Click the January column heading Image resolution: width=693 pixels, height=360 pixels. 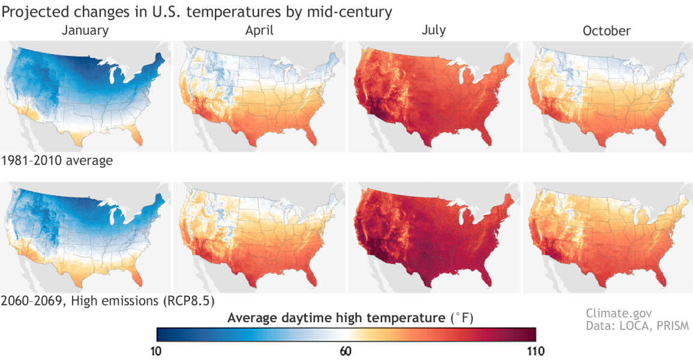(86, 30)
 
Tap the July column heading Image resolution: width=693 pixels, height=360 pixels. (434, 30)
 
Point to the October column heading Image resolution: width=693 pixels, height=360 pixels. (607, 31)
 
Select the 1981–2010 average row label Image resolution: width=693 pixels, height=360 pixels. (57, 161)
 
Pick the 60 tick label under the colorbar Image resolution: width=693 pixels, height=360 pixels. (346, 350)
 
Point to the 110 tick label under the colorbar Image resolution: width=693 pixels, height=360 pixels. (534, 350)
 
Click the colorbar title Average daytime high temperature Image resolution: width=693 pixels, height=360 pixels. (336, 318)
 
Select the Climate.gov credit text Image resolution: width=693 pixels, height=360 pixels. (619, 313)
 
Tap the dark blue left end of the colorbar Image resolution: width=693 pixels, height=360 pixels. (161, 334)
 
